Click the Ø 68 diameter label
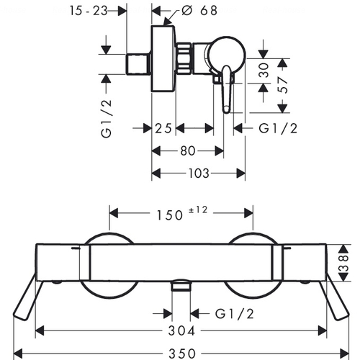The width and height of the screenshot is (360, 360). [x=199, y=10]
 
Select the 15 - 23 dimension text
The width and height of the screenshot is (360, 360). [x=89, y=11]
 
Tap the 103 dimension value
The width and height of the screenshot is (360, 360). [x=199, y=174]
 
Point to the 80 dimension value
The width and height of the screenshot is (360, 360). [x=187, y=151]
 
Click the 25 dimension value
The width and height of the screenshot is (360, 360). [x=163, y=128]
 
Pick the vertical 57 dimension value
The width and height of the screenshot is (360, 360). [x=282, y=85]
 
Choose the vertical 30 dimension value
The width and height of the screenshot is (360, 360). [x=264, y=70]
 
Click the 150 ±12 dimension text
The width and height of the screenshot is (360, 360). [x=181, y=213]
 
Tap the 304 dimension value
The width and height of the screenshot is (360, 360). [x=181, y=330]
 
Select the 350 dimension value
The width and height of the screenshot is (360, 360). [x=182, y=354]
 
